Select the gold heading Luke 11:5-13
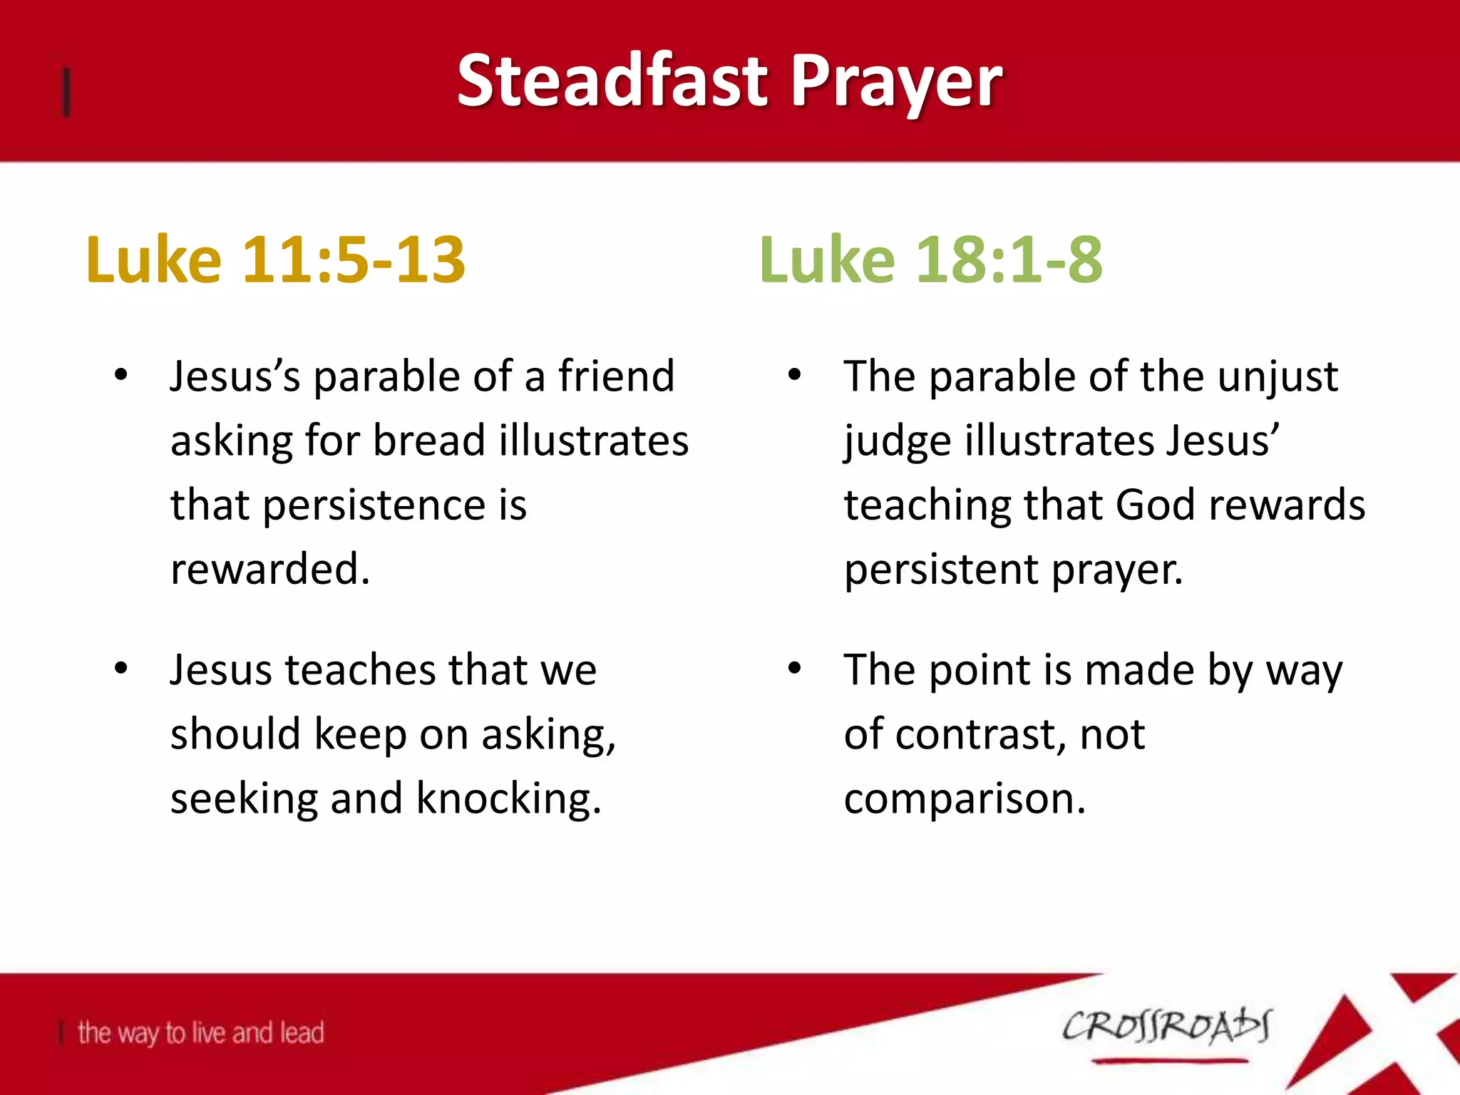pyautogui.click(x=275, y=259)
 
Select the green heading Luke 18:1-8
pyautogui.click(x=931, y=259)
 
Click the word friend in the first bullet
pyautogui.click(x=616, y=376)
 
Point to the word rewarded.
pyautogui.click(x=269, y=569)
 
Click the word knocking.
pyautogui.click(x=508, y=798)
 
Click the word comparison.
pyautogui.click(x=964, y=799)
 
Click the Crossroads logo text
pyautogui.click(x=1166, y=1027)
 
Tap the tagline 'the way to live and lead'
pyautogui.click(x=200, y=1032)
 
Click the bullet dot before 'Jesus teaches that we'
pyautogui.click(x=121, y=669)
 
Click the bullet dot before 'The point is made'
pyautogui.click(x=795, y=669)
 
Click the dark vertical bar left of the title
pyautogui.click(x=66, y=91)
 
